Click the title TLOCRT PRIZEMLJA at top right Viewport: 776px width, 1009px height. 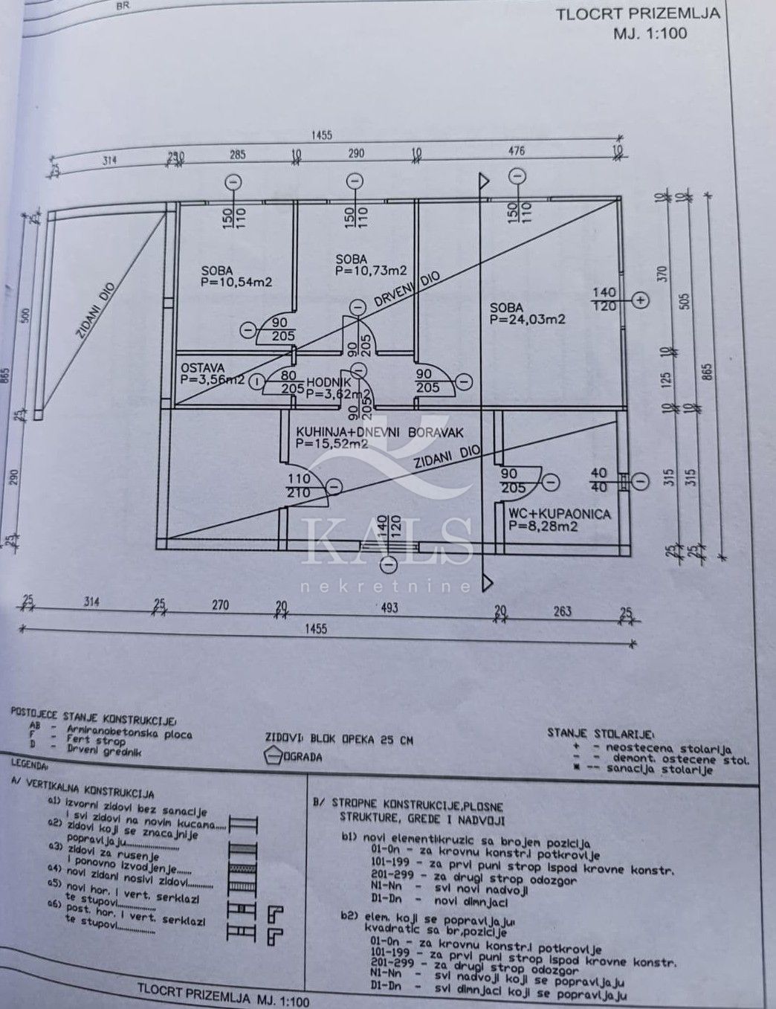pos(638,14)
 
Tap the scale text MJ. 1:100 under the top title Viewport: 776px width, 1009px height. pos(650,33)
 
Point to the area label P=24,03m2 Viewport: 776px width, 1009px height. pos(528,319)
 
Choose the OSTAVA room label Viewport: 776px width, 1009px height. pos(197,367)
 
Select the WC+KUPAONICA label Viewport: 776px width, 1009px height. pos(559,514)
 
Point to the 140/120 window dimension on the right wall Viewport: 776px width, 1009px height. pos(604,300)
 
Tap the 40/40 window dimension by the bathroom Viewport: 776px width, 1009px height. pos(599,480)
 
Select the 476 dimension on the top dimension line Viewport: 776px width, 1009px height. pos(516,151)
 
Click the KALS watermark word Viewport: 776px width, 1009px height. pos(387,541)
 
